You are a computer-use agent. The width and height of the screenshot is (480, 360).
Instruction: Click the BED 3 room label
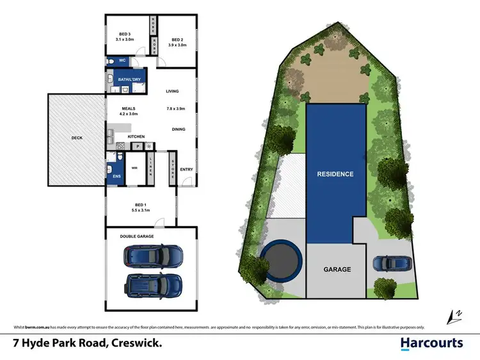(125, 35)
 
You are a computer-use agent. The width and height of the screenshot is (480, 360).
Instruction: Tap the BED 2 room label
(177, 40)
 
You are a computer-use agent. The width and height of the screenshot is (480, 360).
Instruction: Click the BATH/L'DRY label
(128, 79)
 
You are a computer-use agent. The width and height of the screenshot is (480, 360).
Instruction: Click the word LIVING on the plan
(172, 91)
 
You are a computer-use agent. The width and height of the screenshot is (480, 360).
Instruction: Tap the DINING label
(179, 129)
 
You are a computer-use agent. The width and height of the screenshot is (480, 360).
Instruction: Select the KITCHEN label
(136, 137)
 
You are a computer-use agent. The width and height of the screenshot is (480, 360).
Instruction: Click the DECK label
(78, 137)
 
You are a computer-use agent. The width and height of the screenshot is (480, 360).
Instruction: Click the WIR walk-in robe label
(135, 168)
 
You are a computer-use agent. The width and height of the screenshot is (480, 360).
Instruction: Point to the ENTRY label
(186, 169)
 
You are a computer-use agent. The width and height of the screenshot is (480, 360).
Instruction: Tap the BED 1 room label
(140, 206)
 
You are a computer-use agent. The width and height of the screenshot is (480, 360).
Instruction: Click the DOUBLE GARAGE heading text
(138, 236)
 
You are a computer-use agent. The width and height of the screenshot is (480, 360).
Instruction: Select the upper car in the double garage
(154, 256)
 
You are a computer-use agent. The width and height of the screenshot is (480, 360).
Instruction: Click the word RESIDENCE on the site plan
(335, 174)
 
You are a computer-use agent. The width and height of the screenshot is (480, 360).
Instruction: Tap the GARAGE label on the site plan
(337, 270)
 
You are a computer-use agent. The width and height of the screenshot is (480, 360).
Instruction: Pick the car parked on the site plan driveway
(390, 263)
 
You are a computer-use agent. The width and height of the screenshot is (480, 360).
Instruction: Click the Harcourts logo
(431, 343)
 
